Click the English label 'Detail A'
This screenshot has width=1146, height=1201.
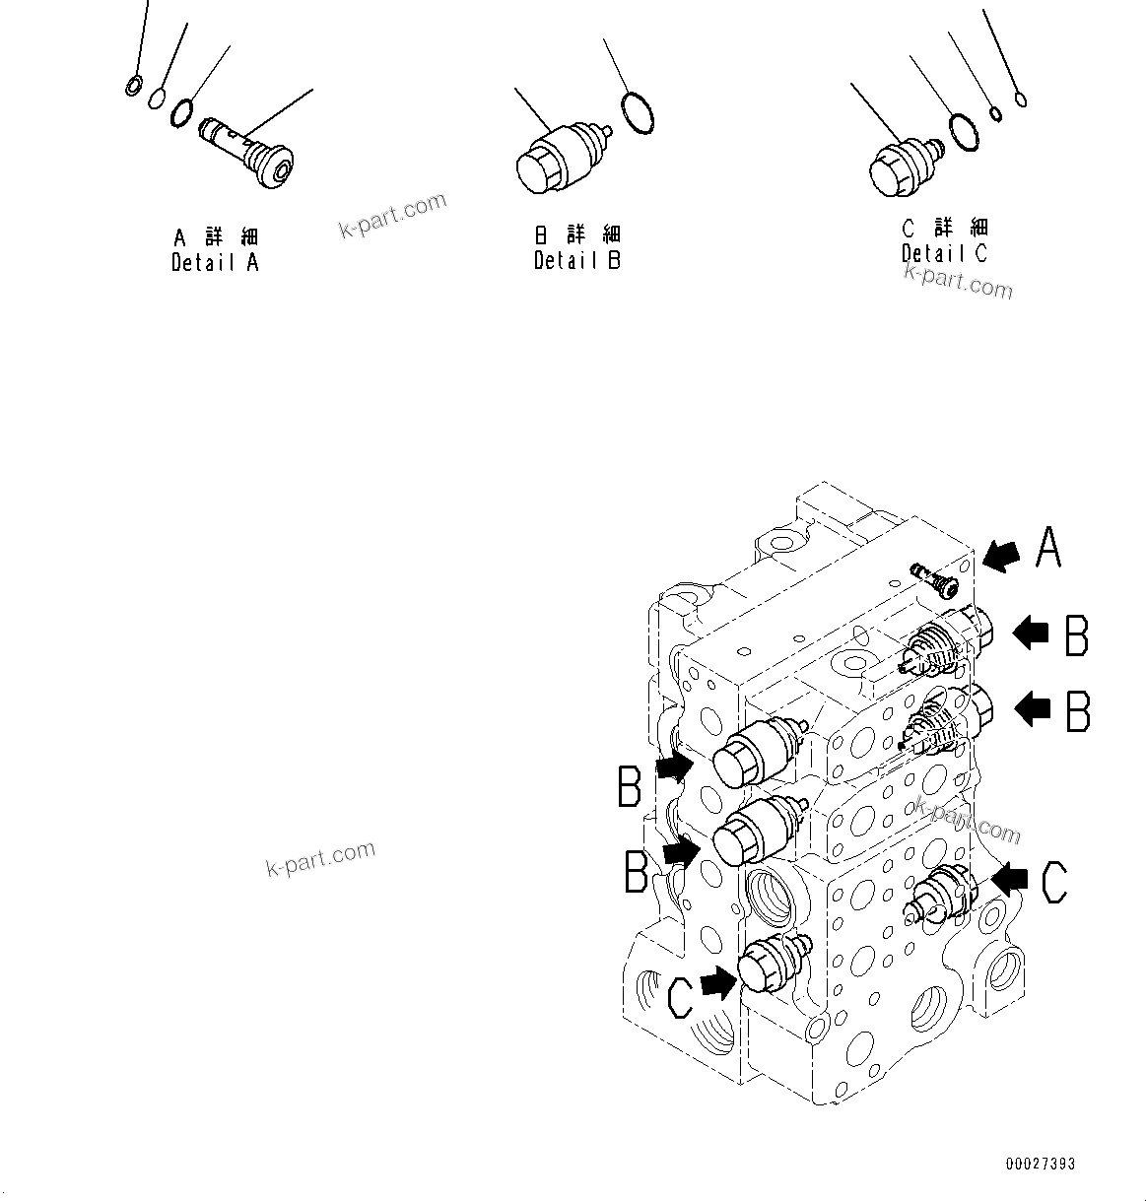215,263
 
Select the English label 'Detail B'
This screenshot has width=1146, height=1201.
577,261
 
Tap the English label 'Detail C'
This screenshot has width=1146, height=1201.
944,253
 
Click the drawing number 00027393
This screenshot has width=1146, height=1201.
1040,1165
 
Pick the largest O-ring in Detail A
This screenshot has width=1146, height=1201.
181,112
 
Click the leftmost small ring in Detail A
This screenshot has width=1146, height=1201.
133,87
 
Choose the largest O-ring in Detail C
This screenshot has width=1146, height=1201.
964,132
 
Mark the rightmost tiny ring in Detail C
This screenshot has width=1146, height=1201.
1021,100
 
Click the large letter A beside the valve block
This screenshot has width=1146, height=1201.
1047,547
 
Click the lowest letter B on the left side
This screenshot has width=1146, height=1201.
637,871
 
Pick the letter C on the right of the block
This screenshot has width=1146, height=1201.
1052,882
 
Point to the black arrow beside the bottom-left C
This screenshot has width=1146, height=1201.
719,981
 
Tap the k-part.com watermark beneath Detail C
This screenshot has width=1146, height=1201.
958,284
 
